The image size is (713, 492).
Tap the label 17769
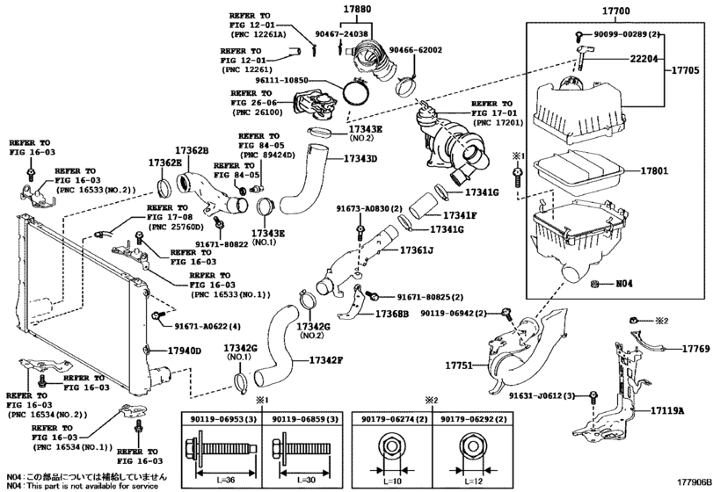point(695,349)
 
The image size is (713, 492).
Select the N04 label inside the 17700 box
point(622,285)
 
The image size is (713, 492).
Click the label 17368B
point(394,314)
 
